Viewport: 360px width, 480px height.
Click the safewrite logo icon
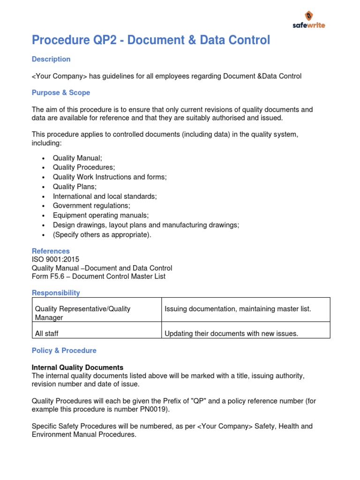(x=309, y=15)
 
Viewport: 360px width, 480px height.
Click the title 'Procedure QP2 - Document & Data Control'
(x=151, y=41)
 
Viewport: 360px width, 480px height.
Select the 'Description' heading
(x=51, y=59)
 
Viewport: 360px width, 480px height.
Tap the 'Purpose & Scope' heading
(x=61, y=93)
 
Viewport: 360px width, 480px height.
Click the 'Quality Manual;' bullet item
(x=77, y=158)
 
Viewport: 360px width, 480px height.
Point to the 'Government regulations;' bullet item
(x=91, y=206)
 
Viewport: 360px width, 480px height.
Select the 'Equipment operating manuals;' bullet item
(x=101, y=215)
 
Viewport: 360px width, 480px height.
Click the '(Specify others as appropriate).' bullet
(x=102, y=234)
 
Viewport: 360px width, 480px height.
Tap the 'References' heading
(x=51, y=251)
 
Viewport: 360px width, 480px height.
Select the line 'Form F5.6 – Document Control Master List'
(x=98, y=277)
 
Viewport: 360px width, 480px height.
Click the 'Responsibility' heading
(x=56, y=293)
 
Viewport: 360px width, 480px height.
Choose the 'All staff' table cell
(x=47, y=334)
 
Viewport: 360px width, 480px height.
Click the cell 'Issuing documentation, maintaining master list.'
(x=238, y=308)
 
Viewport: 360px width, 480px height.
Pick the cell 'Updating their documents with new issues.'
(x=232, y=334)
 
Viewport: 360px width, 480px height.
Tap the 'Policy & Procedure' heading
(x=64, y=351)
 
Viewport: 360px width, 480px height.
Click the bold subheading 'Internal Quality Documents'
(x=77, y=367)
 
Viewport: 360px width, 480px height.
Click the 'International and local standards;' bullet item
(x=105, y=196)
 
